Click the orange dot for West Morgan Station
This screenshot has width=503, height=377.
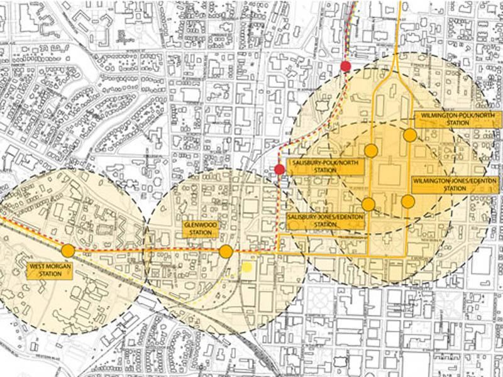click(68, 252)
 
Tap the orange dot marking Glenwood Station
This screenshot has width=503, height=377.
click(226, 252)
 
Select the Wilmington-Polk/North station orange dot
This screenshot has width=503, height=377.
click(410, 135)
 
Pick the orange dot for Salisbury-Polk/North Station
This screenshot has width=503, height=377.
click(371, 150)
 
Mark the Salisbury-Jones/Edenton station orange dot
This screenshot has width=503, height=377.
click(368, 204)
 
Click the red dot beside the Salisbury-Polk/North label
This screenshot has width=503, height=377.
click(280, 169)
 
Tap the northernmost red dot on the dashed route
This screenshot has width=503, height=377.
click(345, 67)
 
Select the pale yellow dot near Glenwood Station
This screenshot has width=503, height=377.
click(247, 267)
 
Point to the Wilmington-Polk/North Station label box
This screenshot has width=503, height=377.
click(451, 119)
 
